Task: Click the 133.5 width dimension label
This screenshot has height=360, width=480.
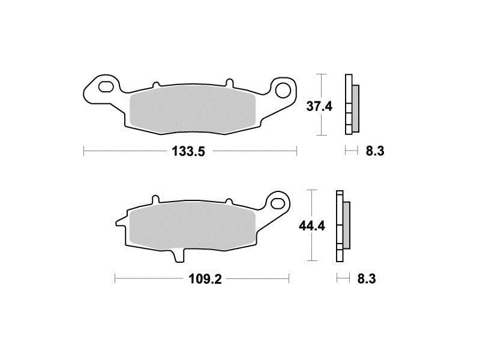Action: [188, 151]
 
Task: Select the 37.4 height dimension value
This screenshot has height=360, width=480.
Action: [319, 107]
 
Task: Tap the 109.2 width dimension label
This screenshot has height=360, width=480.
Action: [205, 279]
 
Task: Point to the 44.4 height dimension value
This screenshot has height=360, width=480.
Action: [312, 226]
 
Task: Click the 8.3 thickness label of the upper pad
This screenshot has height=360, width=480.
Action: [375, 151]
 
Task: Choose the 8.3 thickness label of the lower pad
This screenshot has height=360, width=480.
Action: [367, 279]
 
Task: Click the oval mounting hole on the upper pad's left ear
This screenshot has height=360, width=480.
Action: [106, 86]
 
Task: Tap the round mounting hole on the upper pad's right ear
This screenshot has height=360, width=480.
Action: [283, 90]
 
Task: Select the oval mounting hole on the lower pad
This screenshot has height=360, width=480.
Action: [278, 202]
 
